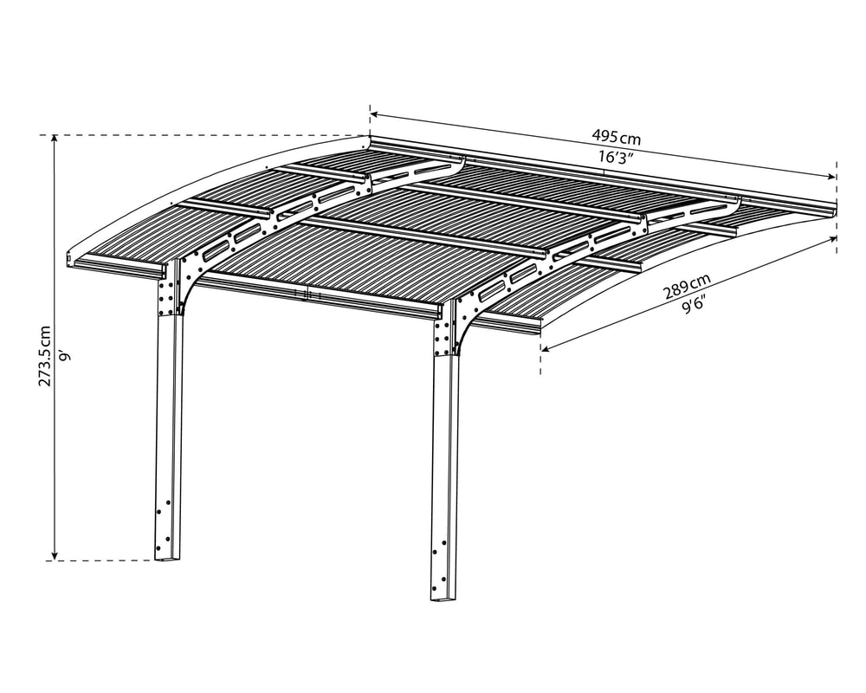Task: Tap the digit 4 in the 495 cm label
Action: click(596, 135)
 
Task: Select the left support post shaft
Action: click(169, 437)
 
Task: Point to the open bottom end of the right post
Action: click(444, 597)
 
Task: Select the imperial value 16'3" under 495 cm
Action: click(615, 157)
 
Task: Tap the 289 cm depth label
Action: click(687, 284)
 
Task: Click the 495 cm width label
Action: click(617, 136)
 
